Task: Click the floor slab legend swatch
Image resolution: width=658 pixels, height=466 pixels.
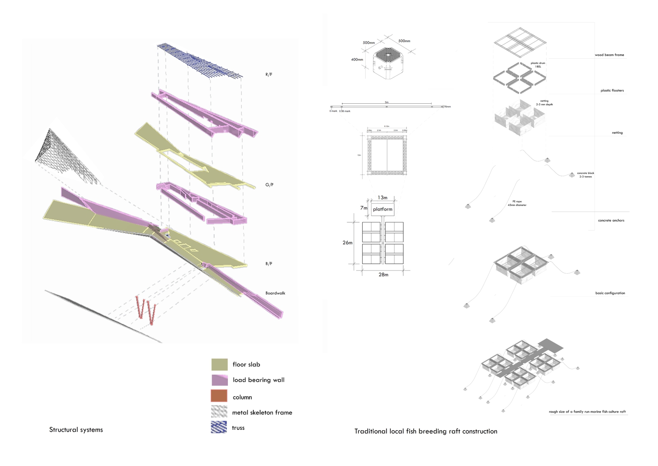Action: pos(219,364)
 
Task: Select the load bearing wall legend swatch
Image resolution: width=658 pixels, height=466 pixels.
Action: pos(219,380)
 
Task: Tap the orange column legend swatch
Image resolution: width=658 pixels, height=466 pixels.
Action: pos(219,396)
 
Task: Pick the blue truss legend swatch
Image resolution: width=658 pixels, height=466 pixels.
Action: pos(219,427)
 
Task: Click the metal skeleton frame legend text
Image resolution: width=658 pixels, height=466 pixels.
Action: pos(262,412)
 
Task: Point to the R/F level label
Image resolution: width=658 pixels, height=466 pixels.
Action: pos(269,75)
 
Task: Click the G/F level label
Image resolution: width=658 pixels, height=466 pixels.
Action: pos(269,185)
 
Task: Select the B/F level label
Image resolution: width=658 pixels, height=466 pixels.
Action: pos(269,263)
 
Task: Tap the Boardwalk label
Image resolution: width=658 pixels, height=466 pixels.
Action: pos(275,293)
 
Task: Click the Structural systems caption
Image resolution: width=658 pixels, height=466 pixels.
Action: pos(76,430)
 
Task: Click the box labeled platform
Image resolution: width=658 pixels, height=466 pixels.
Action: pos(382,209)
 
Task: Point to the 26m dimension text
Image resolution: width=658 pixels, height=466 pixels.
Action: pos(348,243)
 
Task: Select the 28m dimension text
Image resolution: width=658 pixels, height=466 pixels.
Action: pos(383,275)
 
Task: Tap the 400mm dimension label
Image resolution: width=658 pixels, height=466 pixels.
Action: pos(357,60)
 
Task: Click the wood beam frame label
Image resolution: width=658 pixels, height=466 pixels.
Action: pos(609,55)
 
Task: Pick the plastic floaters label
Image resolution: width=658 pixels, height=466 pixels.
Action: pos(612,91)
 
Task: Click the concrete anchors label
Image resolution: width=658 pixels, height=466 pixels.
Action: pos(611,221)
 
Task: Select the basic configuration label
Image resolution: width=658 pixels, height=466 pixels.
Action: pos(610,293)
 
